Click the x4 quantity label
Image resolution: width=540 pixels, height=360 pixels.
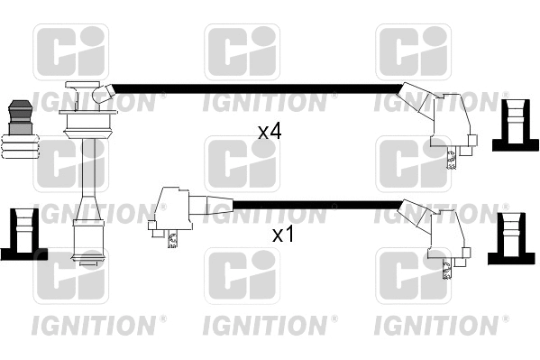coord(270,132)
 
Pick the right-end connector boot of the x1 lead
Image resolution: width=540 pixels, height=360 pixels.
coord(436,232)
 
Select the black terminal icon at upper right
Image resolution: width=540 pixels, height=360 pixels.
coord(515,124)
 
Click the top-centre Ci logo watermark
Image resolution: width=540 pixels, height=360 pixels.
coord(242,51)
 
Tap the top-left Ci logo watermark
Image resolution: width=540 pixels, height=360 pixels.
coord(70,51)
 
